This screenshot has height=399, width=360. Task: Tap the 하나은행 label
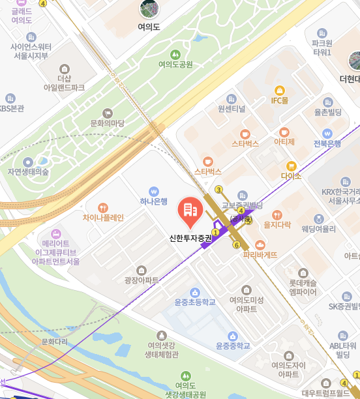point(154,201)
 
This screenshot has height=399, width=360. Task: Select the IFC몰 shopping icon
point(280,90)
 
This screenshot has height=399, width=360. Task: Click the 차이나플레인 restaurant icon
point(103,207)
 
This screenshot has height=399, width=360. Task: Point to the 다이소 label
point(291,175)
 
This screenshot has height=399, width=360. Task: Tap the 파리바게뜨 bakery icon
point(260,244)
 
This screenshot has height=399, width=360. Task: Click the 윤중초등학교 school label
point(194,303)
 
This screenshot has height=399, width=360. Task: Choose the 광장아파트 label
point(142,280)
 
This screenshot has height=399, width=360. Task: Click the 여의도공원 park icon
point(175,55)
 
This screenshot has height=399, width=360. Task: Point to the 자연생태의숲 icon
point(27,162)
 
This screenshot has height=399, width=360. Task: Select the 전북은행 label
point(327,143)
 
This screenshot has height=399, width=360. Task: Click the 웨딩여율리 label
point(318,229)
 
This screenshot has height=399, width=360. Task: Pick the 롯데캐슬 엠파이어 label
point(303,288)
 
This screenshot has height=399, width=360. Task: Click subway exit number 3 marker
point(219,190)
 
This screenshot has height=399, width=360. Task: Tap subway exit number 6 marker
point(236,245)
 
